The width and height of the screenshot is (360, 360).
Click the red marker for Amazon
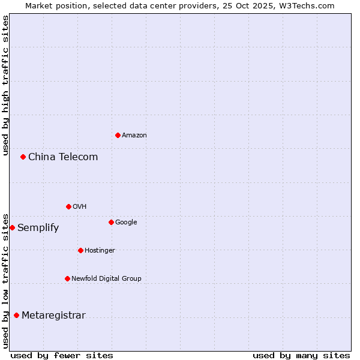pos(118,135)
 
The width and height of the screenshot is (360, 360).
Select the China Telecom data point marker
pos(23,157)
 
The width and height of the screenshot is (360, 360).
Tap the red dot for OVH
pos(68,206)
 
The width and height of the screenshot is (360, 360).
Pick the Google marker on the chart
pos(111,222)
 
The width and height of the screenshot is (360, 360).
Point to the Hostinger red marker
pos(80,250)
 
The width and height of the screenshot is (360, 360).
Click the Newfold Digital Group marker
pos(67,278)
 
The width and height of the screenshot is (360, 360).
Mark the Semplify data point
pos(12,227)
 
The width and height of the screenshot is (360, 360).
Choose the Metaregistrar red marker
pos(16,315)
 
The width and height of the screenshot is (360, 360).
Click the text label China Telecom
pos(63,157)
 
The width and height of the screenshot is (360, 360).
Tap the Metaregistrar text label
pos(53,316)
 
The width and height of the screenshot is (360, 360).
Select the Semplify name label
pos(38,228)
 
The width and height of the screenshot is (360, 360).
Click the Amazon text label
pos(134,136)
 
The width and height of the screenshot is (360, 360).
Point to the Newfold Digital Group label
pos(106,279)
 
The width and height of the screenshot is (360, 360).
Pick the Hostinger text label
pos(100,251)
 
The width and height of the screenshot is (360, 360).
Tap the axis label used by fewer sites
pos(62,355)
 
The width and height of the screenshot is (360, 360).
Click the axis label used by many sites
pos(301,355)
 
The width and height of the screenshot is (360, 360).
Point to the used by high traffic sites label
pos(5,86)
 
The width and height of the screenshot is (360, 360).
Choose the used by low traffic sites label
pos(5,280)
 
